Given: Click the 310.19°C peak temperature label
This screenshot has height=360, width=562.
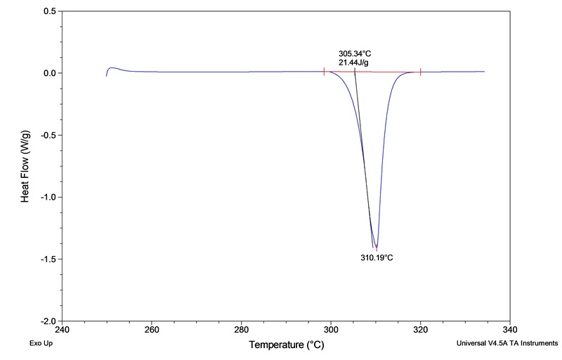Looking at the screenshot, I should coord(377,257).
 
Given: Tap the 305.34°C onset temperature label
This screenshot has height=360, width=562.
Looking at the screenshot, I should coord(355,53).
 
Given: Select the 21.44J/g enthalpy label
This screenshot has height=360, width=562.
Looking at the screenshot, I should coord(353,63).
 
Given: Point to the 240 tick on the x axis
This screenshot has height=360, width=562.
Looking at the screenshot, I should coord(62,328).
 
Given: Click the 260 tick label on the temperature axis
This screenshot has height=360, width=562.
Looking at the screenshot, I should coord(152,328).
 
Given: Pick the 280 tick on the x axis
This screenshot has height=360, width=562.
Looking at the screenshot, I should coord(242,328).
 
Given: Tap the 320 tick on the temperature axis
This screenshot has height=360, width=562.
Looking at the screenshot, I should coord(421,328).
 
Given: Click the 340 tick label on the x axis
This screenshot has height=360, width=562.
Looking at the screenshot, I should coord(511,328).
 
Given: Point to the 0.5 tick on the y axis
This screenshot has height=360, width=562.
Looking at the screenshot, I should coord(50,12).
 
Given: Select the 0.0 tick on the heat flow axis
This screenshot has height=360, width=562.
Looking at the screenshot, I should coord(50,73).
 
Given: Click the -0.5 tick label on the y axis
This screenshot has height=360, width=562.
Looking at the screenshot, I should coord(48,135).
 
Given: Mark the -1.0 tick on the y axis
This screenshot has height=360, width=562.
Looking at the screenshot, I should coord(48,197).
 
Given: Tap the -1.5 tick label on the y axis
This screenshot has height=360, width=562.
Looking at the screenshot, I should coord(48,259).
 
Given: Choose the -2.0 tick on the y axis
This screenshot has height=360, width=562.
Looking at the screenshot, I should coord(48,321).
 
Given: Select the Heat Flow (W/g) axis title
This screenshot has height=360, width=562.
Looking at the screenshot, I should coord(25,166).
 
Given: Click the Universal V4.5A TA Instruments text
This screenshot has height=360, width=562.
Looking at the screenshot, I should coord(507,345).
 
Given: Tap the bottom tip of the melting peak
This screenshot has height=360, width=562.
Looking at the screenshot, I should coord(377,247).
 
